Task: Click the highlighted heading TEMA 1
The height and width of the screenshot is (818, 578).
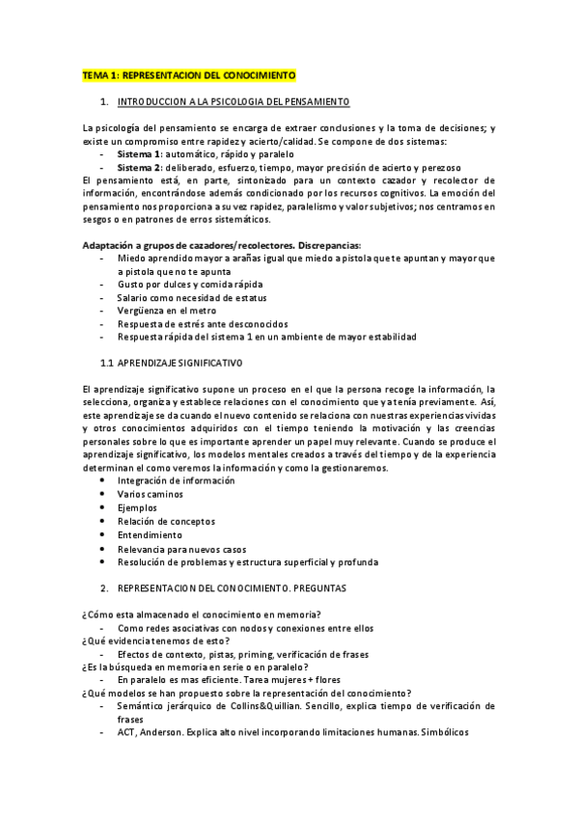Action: [189, 74]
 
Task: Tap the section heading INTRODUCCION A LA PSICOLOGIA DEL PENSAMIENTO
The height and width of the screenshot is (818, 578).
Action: [233, 101]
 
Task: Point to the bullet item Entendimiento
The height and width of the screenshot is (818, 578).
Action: [150, 534]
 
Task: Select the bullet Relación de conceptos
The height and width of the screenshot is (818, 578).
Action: [167, 521]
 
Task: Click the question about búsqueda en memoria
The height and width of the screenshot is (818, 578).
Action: [196, 667]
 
